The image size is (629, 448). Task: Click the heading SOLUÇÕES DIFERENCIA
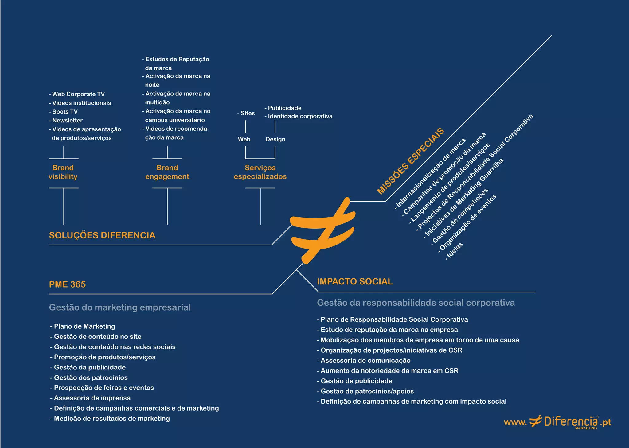pos(102,235)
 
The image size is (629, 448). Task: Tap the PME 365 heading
pos(68,284)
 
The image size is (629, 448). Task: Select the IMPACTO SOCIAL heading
pos(355,282)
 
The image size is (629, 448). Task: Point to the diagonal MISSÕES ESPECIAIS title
pos(411,161)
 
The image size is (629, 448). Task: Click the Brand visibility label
pos(63,172)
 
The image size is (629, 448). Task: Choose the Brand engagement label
pos(167,172)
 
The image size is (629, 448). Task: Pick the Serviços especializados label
pos(260,172)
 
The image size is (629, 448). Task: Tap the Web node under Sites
pos(244,139)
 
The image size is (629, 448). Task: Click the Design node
pos(275,139)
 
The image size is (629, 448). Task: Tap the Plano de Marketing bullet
pos(83,326)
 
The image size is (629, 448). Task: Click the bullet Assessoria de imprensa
pos(91,398)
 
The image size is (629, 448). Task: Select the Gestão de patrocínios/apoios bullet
pos(366,391)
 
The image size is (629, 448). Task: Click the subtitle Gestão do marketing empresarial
pos(120,307)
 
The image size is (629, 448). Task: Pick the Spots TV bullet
pos(64,112)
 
